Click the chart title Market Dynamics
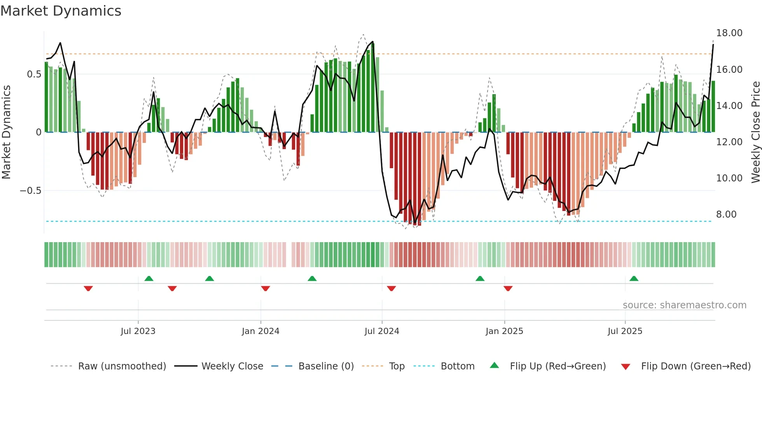61,11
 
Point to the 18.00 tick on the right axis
729,33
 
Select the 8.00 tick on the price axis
726,214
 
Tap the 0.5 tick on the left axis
34,74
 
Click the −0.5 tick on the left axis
30,191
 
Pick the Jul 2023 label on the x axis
138,331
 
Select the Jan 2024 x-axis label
260,331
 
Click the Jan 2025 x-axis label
504,331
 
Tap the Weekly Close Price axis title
755,132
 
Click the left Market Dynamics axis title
6,132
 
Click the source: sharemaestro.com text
684,305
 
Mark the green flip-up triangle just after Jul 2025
634,278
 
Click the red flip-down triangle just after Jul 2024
391,288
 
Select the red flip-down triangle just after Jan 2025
508,288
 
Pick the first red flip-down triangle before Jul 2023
88,288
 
